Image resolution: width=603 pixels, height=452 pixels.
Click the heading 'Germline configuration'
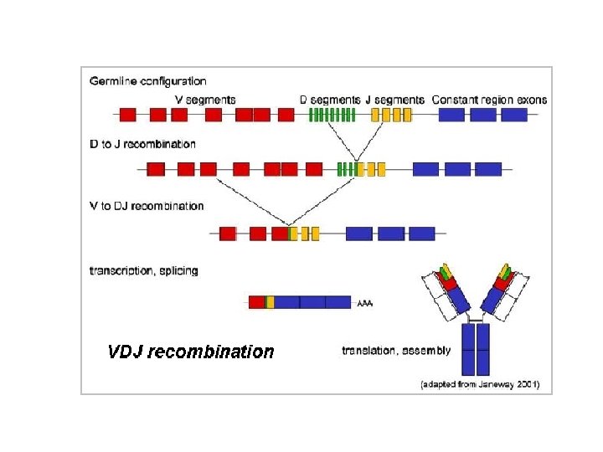point(147,81)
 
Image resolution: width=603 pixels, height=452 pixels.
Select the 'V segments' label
point(204,100)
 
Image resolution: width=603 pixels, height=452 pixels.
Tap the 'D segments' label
point(329,100)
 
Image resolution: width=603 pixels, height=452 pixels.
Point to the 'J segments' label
point(394,100)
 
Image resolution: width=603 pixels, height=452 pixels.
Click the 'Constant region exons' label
point(489,100)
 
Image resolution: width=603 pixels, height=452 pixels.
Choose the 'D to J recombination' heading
point(142,145)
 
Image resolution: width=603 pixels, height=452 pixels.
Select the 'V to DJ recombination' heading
point(147,206)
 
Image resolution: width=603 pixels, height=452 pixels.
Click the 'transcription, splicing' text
point(143,271)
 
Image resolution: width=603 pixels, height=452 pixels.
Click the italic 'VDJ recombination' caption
point(191,352)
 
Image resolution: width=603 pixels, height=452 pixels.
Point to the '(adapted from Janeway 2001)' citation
point(480,384)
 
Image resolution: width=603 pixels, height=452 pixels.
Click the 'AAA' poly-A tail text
point(365,303)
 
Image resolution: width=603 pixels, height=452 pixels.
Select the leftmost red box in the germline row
point(128,115)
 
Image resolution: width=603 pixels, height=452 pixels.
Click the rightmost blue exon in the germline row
point(513,115)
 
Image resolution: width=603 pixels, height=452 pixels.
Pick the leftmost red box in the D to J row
point(155,169)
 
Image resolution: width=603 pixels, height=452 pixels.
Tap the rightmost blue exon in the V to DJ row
point(421,234)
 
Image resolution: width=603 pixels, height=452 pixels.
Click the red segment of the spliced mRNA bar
point(256,301)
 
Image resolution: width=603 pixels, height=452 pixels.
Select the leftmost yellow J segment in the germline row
point(375,115)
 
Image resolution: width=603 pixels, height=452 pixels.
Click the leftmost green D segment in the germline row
point(312,115)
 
